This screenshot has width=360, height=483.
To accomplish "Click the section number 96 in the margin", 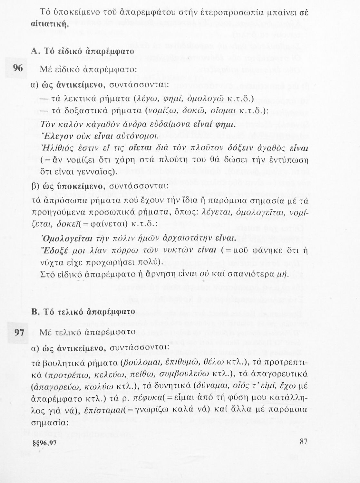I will pyautogui.click(x=18, y=69).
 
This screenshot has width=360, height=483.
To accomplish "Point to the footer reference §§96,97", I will pyautogui.click(x=45, y=442).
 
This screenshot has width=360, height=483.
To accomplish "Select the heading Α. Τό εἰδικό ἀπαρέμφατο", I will pyautogui.click(x=83, y=51).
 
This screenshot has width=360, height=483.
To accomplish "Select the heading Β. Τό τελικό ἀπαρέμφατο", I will pyautogui.click(x=83, y=312).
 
